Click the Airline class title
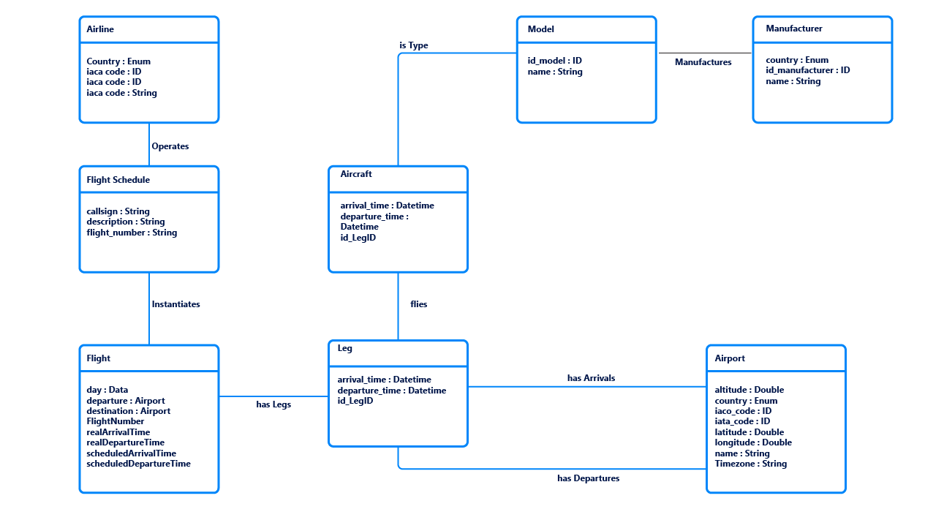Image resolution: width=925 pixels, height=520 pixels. click(100, 29)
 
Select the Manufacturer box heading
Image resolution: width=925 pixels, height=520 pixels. click(793, 29)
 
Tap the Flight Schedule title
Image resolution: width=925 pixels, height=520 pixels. click(118, 180)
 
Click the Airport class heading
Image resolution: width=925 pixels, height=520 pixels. click(730, 358)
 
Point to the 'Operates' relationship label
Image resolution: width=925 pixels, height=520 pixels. click(170, 146)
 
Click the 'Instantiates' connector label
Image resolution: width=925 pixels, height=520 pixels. click(175, 304)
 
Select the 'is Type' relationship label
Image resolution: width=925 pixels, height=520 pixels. click(414, 45)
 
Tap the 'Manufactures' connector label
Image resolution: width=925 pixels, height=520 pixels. click(703, 62)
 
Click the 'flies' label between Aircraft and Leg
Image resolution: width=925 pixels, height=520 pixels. click(418, 304)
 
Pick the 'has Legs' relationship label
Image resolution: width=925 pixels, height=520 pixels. click(273, 404)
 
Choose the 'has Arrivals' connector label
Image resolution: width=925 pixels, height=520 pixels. click(591, 378)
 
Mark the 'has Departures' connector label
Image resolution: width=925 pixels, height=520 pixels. click(588, 478)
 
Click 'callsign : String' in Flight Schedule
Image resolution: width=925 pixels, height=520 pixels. click(118, 211)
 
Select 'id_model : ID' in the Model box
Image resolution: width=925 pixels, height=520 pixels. click(554, 61)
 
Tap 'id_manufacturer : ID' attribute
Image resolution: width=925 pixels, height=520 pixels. click(807, 70)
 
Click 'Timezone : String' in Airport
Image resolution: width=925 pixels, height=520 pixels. click(750, 464)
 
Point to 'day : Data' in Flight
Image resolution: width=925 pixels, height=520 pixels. click(107, 390)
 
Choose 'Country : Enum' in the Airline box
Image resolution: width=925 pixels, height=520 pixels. click(118, 61)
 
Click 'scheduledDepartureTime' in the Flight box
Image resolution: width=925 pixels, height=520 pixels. click(138, 464)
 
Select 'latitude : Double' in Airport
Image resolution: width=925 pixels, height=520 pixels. click(749, 432)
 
